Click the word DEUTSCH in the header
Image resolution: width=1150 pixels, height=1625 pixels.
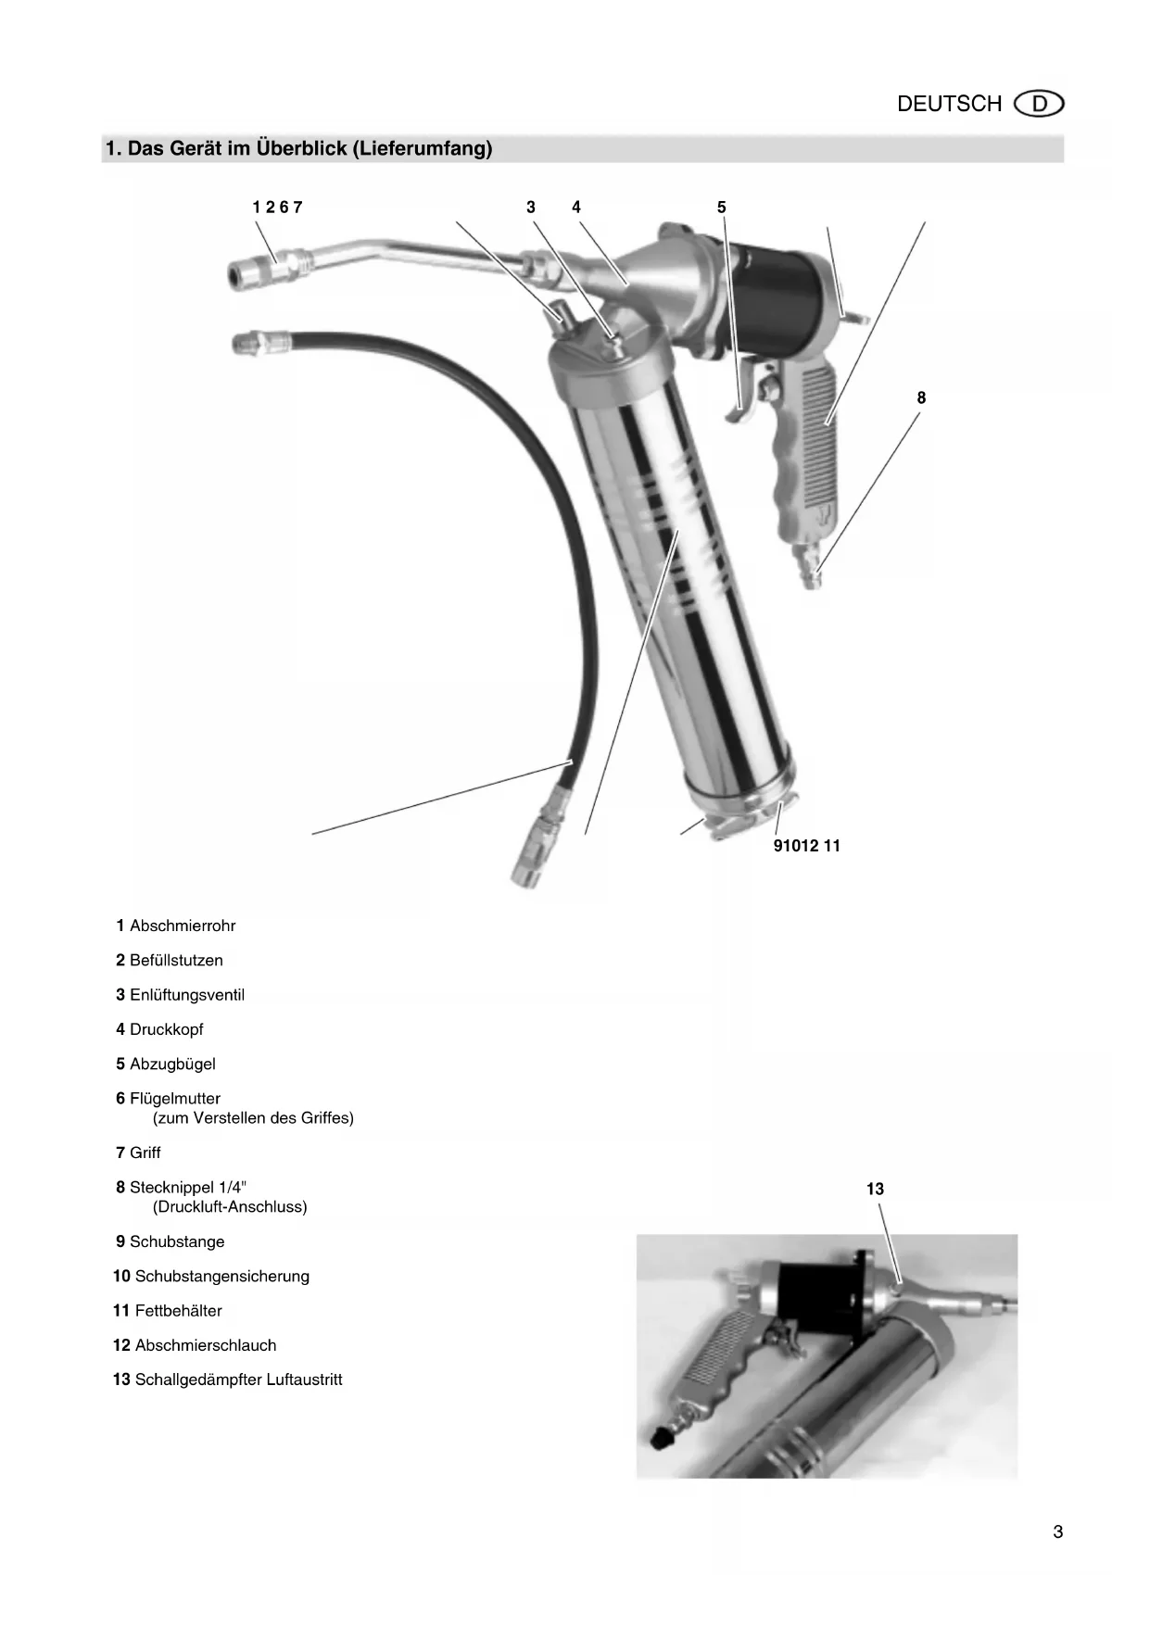(949, 104)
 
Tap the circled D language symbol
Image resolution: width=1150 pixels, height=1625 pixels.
(1039, 104)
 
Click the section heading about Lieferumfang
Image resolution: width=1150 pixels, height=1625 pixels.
(298, 148)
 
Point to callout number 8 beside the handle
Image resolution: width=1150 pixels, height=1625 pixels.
(921, 398)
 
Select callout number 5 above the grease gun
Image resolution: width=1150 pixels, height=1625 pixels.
(722, 208)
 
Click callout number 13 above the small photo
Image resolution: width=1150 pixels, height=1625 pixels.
(875, 1190)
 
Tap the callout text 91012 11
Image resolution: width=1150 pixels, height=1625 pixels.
(806, 846)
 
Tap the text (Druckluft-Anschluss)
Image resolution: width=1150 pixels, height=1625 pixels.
(230, 1207)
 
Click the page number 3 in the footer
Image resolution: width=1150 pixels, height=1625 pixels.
(1057, 1532)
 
